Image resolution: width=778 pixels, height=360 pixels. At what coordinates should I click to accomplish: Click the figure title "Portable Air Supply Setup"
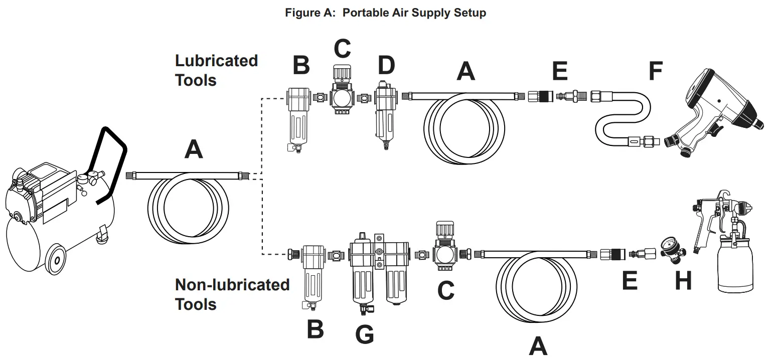(385, 13)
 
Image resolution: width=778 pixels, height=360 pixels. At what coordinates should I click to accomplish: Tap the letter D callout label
(386, 65)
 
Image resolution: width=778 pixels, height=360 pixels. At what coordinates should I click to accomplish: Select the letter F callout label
(655, 71)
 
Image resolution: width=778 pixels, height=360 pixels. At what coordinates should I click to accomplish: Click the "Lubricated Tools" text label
(216, 70)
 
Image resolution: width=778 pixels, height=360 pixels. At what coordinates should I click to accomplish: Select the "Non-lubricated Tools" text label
(232, 294)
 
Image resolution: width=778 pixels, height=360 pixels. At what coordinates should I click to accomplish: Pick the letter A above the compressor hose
(194, 149)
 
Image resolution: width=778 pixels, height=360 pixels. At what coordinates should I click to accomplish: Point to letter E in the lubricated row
(560, 71)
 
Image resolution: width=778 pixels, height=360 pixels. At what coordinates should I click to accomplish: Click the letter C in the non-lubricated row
(445, 290)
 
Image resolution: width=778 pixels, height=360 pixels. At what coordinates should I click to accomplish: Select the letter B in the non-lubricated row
(315, 329)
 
